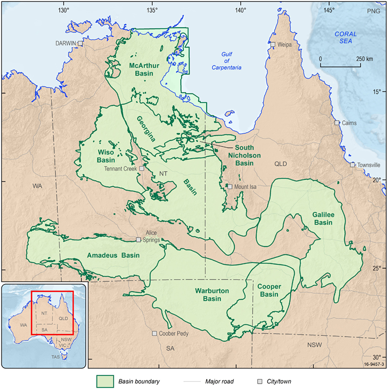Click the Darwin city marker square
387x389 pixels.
80,43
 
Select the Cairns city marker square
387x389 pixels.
336,123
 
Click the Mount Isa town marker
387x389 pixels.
230,186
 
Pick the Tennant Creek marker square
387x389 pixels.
142,168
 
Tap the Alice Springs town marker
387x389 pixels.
139,240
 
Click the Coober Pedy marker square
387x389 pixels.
155,334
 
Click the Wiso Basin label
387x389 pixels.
105,156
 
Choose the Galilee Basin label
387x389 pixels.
323,218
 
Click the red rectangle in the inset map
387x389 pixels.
52,313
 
